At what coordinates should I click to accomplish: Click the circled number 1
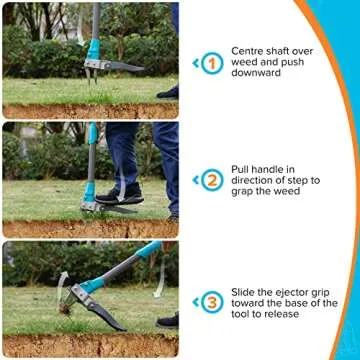point(211,64)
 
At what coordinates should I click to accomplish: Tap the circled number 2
point(211,180)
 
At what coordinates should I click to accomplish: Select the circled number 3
point(211,301)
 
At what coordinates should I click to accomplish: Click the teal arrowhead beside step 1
point(195,64)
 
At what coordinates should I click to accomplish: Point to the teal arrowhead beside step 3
point(195,301)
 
